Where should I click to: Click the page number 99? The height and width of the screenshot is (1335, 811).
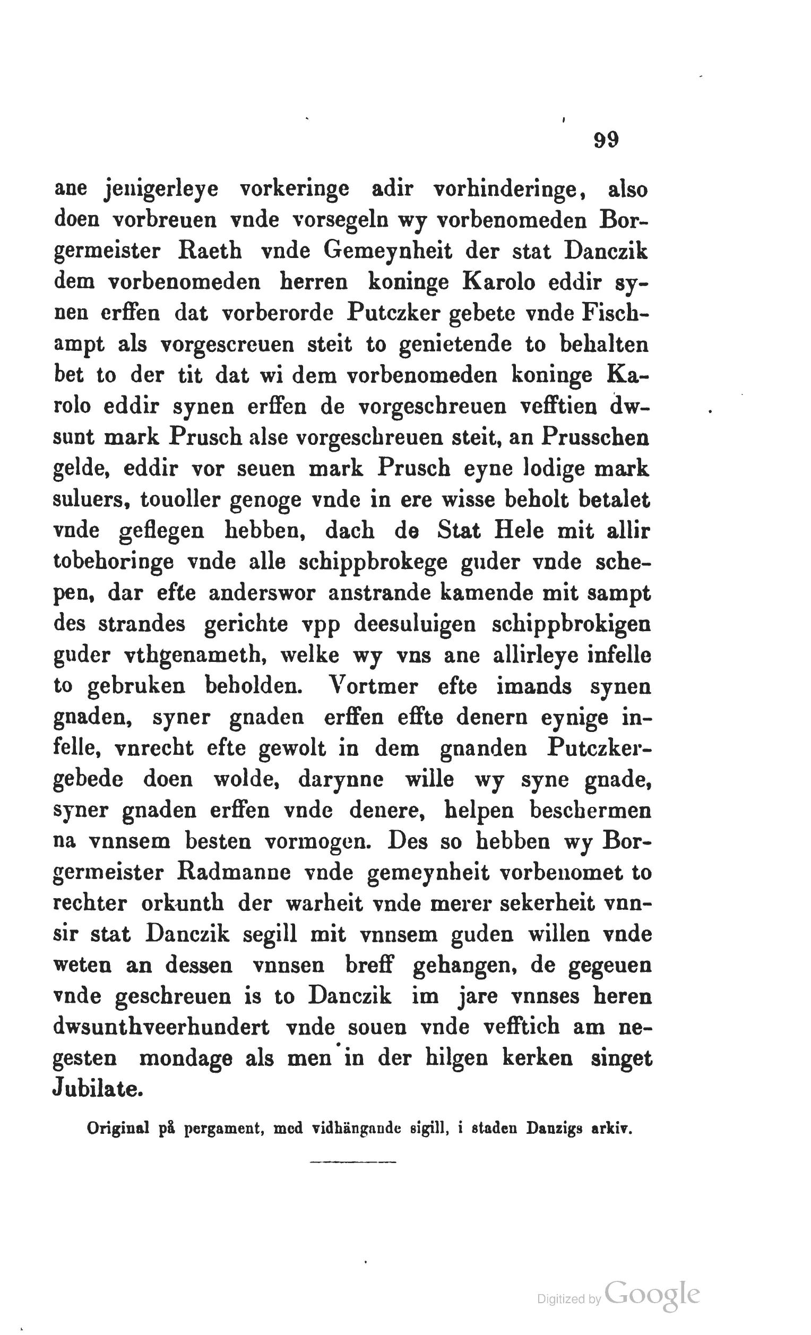(x=606, y=140)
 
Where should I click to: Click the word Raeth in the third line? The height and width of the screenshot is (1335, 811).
(x=209, y=252)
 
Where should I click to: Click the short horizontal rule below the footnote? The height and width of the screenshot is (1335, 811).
(x=354, y=1177)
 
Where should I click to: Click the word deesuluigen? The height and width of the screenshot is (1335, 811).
(x=415, y=624)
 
